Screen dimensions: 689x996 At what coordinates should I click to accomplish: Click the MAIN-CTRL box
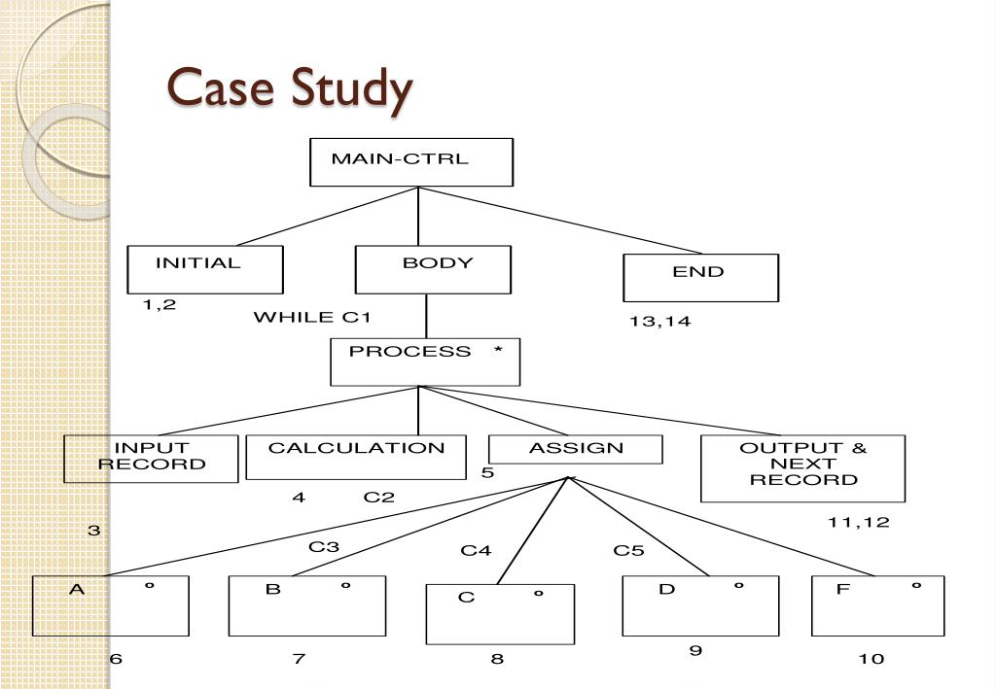pos(410,161)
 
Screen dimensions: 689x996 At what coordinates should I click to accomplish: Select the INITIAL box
pos(205,269)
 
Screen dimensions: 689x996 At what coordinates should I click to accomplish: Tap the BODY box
pos(433,269)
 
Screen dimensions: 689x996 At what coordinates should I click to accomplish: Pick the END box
pos(700,278)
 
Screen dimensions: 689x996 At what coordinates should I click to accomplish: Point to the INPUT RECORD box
pos(151,458)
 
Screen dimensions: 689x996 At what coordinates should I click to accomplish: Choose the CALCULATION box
pos(356,457)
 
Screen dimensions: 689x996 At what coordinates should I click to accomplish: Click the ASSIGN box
pos(576,449)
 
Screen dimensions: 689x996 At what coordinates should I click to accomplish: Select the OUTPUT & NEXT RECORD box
pos(802,467)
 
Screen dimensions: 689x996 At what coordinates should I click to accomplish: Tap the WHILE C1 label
pos(312,318)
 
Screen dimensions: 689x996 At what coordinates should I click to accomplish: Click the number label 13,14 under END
pos(659,322)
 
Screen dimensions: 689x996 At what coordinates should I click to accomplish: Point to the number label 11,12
pos(858,523)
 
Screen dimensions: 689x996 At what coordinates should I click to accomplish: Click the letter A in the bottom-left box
pos(76,589)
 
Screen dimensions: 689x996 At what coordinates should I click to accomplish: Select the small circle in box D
pos(738,587)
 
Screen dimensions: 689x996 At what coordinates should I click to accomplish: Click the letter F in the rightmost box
pos(842,589)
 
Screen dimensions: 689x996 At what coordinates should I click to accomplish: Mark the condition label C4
pos(476,551)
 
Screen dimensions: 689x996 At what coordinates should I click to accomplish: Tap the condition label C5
pos(628,551)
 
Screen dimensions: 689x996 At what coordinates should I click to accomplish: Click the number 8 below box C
pos(497,659)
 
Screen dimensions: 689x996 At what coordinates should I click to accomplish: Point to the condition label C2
pos(379,498)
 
